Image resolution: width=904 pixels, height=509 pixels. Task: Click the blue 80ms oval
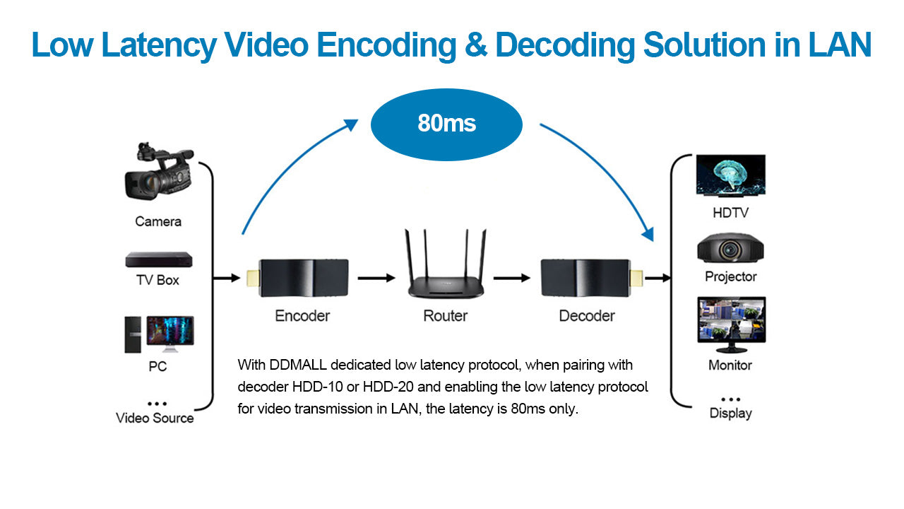point(446,124)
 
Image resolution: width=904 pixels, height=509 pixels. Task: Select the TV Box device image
point(158,259)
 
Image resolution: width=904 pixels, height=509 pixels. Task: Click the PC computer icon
point(159,334)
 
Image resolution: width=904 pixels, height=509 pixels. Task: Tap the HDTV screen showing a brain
point(730,175)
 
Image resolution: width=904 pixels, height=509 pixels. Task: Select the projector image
point(730,247)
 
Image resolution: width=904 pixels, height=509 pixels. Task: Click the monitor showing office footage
point(730,324)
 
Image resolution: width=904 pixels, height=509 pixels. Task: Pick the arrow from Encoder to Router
point(376,279)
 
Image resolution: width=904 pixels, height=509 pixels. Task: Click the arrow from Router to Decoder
point(511,279)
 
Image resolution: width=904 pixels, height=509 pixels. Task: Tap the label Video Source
point(155,418)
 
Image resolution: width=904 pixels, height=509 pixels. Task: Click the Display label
point(730,413)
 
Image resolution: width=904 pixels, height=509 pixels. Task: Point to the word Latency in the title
point(159,45)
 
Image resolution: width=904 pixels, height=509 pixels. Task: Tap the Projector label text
point(730,276)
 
